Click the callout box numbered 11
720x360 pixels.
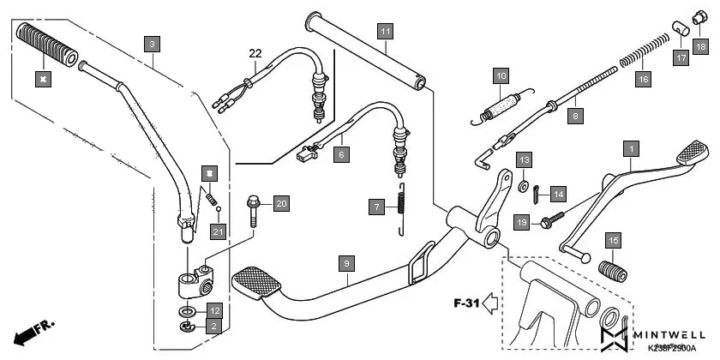pos(386,32)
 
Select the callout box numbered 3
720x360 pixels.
pos(152,43)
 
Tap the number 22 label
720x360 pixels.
pos(255,53)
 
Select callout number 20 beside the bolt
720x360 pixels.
pos(281,203)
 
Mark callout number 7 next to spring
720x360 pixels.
pos(375,206)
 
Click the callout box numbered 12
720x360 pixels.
pos(215,309)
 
